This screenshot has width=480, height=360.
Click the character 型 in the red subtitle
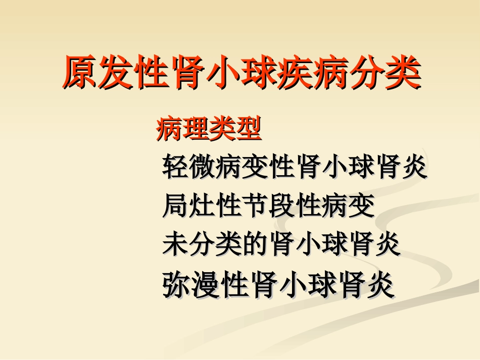248,130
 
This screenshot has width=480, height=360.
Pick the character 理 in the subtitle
196,130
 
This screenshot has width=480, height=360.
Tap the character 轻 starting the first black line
175,167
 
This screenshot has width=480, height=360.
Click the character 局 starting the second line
175,206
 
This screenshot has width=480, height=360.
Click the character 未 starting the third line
175,245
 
